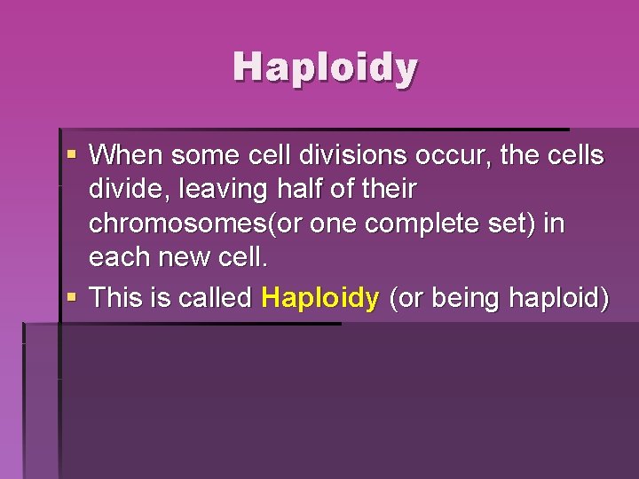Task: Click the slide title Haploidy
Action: click(325, 67)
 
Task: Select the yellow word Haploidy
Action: click(320, 298)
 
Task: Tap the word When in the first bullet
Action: click(126, 156)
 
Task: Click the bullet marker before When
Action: click(72, 157)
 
